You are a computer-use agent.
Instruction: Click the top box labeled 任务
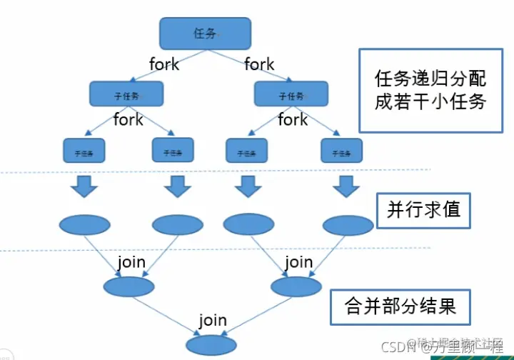click(x=205, y=33)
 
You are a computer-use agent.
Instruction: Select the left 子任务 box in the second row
click(x=126, y=94)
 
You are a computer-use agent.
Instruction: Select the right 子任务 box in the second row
click(x=291, y=94)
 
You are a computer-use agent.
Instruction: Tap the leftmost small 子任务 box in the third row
click(x=84, y=151)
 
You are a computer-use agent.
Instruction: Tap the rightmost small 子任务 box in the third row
click(x=342, y=150)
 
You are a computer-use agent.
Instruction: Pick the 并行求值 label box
click(x=423, y=209)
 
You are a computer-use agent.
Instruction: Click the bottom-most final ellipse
click(x=211, y=345)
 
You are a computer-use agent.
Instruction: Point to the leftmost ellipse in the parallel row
click(x=84, y=225)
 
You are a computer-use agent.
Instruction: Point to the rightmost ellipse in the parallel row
click(x=348, y=225)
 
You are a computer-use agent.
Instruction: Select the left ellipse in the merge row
click(x=128, y=286)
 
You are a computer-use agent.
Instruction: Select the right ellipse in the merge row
click(x=297, y=286)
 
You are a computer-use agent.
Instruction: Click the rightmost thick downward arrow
click(x=347, y=187)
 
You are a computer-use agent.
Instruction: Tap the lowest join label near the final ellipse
click(x=213, y=321)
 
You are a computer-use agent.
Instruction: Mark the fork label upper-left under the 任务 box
click(x=164, y=64)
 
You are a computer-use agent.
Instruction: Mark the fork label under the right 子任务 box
click(x=293, y=119)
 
